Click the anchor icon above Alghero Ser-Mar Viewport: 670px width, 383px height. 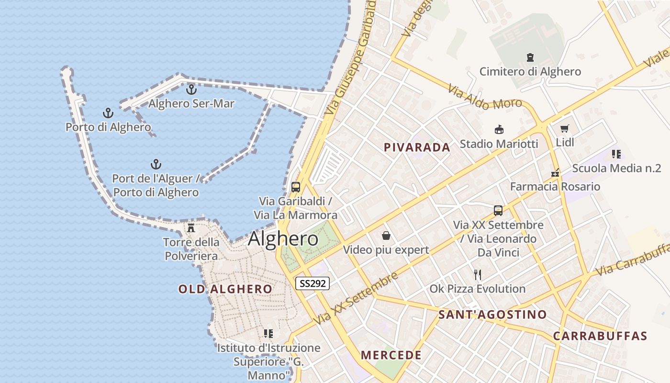point(191,89)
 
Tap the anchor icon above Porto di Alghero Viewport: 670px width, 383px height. point(108,113)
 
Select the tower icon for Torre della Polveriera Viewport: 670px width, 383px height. point(191,227)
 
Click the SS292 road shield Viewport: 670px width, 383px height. point(312,283)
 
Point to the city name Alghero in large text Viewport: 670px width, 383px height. point(283,239)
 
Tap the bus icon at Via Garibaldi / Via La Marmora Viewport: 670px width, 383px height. point(296,187)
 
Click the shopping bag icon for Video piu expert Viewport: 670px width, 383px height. point(386,236)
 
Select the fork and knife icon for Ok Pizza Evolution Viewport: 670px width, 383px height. point(477,274)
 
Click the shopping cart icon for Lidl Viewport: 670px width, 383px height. point(565,128)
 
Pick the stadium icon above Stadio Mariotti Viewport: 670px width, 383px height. point(499,129)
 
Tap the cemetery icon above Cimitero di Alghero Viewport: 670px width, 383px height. point(530,57)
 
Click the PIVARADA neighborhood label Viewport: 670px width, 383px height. point(417,147)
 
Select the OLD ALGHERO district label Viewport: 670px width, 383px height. point(225,289)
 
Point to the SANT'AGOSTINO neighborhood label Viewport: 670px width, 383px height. point(492,315)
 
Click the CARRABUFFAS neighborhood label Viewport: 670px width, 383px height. point(600,336)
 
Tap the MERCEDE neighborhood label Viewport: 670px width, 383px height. point(391,355)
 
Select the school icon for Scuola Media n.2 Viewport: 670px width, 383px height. point(616,154)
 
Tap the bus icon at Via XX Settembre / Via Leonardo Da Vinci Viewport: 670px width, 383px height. point(498,211)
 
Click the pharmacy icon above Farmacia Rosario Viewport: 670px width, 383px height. point(555,173)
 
